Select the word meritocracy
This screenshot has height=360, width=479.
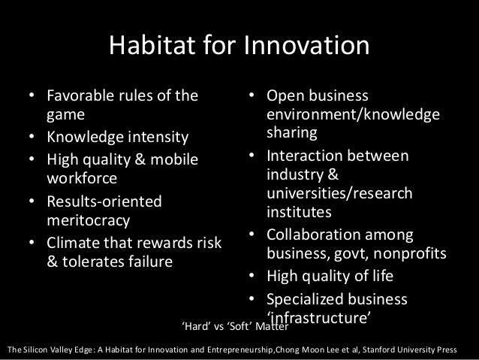(x=89, y=222)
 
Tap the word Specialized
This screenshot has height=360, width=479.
(x=309, y=298)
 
